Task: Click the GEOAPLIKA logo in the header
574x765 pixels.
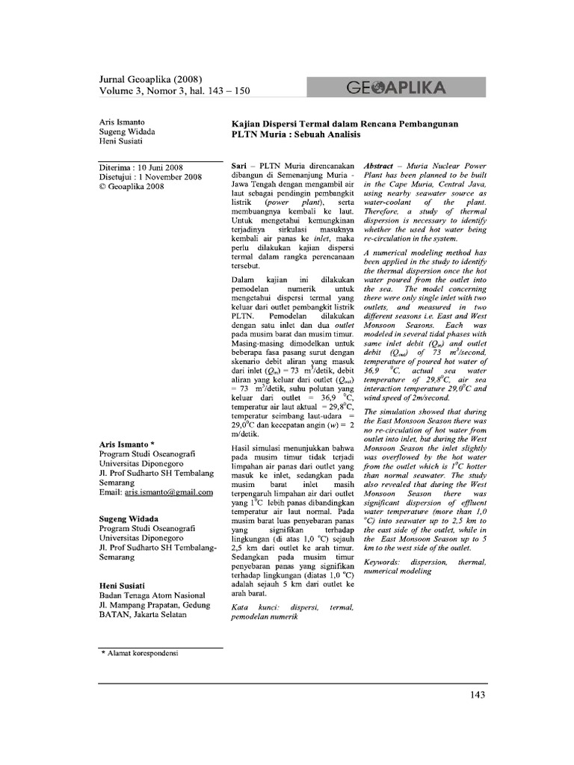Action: (x=396, y=88)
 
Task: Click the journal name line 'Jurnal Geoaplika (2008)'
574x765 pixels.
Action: (x=150, y=79)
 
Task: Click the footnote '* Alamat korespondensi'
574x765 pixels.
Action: (x=143, y=653)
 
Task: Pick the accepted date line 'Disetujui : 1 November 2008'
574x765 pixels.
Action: (x=150, y=177)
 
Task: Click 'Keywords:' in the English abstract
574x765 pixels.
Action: (x=386, y=561)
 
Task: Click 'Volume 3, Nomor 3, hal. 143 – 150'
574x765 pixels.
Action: (x=174, y=91)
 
